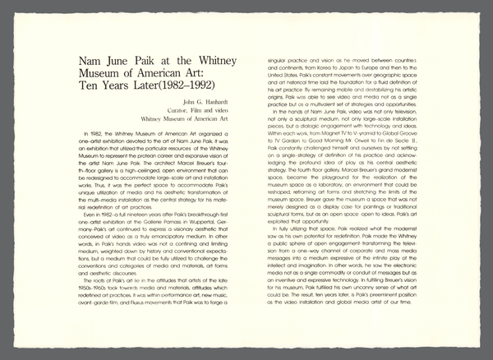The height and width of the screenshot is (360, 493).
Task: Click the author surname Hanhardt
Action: [x=205, y=101]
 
